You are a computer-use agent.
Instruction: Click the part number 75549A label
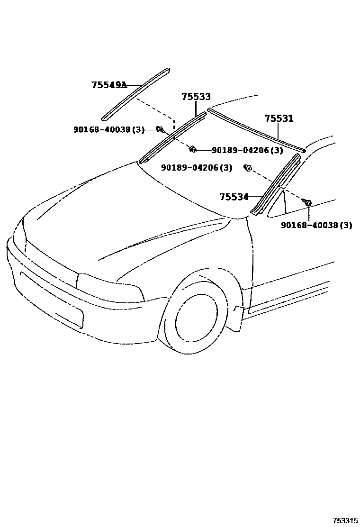point(109,85)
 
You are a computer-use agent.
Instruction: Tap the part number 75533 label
point(196,97)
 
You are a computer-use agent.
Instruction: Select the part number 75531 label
point(279,118)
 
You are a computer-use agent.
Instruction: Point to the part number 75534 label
point(234,196)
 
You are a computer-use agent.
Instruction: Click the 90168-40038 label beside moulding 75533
point(108,129)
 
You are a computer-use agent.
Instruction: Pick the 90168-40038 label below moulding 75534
point(316,225)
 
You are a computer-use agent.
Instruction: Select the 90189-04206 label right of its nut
point(247,150)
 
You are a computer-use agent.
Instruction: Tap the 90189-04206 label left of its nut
point(197,167)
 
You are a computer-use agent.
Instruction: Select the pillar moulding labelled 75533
point(173,136)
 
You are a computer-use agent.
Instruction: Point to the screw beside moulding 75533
point(160,129)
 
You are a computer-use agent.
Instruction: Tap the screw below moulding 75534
point(308,203)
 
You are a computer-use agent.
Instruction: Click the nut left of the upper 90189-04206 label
point(192,149)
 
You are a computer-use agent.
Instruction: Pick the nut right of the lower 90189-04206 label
point(247,167)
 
